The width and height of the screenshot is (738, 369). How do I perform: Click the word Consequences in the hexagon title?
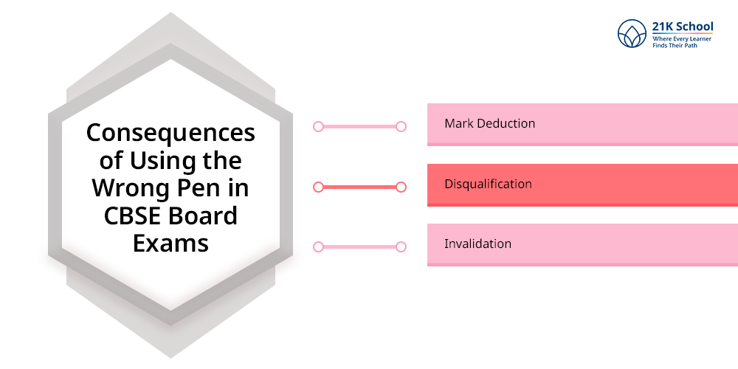click(170, 134)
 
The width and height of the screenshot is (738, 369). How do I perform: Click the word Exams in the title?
click(170, 243)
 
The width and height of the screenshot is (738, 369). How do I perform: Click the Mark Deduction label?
click(489, 123)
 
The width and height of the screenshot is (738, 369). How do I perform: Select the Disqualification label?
click(488, 184)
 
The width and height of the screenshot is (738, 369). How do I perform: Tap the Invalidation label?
click(477, 244)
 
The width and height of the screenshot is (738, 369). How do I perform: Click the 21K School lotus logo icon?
click(632, 34)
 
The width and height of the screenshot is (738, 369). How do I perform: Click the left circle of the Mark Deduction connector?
click(318, 126)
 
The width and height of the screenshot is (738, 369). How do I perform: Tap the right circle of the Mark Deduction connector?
click(401, 126)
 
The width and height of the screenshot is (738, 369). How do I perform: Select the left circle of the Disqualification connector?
click(318, 187)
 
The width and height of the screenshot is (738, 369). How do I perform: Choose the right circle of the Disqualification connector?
click(401, 187)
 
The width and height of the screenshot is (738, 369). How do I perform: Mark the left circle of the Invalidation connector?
click(318, 246)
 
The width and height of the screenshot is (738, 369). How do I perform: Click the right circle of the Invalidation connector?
click(401, 246)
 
